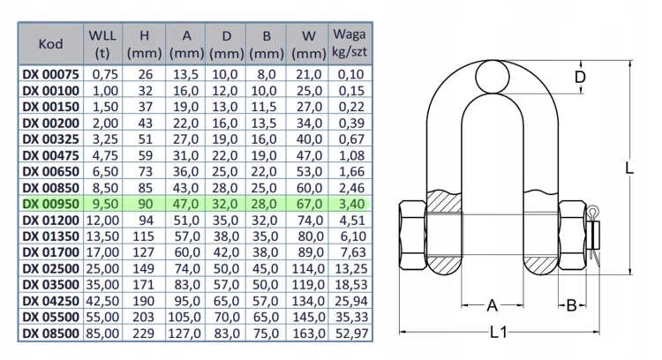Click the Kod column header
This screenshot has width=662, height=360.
pos(50,44)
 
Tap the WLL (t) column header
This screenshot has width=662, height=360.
pos(102,44)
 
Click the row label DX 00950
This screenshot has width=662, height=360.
pos(50,204)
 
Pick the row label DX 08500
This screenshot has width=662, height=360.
pos(50,334)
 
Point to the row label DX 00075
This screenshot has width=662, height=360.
pos(50,74)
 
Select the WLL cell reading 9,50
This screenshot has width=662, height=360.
pos(105,204)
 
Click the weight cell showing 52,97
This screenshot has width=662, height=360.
pos(351,334)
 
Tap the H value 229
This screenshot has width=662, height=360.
pos(144,334)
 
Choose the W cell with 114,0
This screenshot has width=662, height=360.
pos(309,268)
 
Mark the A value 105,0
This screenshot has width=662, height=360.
pos(185,317)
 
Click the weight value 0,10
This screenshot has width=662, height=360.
pos(351,74)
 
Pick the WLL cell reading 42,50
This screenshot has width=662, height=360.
pos(103,301)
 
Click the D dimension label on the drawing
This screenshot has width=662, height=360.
pos(581,78)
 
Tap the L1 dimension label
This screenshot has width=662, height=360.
pos(499,333)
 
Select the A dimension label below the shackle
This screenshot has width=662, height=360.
pos(492,305)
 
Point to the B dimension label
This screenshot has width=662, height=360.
pos(571,305)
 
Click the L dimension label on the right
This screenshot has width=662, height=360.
pos(629,168)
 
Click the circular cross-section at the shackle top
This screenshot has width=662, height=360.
pos(493,77)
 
